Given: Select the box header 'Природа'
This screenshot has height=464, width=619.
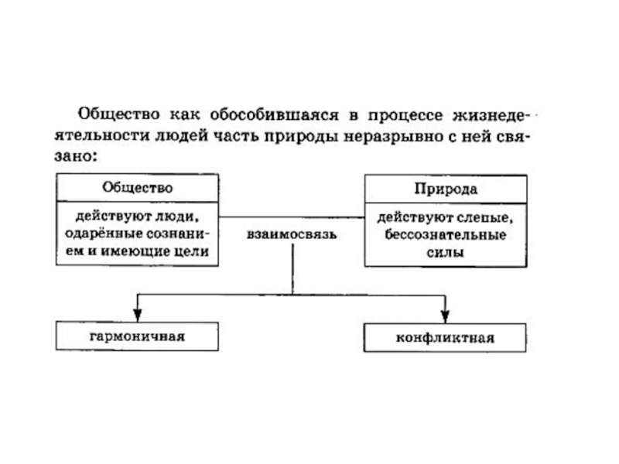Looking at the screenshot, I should pyautogui.click(x=445, y=189).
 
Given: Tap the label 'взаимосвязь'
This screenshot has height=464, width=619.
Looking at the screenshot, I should pyautogui.click(x=292, y=234).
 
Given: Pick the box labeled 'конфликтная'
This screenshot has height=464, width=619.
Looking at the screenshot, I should pyautogui.click(x=445, y=338).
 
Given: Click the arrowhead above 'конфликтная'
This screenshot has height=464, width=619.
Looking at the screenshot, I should pyautogui.click(x=445, y=316).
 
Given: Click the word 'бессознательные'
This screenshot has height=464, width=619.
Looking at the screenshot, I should pyautogui.click(x=445, y=234).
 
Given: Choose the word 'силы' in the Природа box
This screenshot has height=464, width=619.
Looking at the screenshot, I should pyautogui.click(x=445, y=252).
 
